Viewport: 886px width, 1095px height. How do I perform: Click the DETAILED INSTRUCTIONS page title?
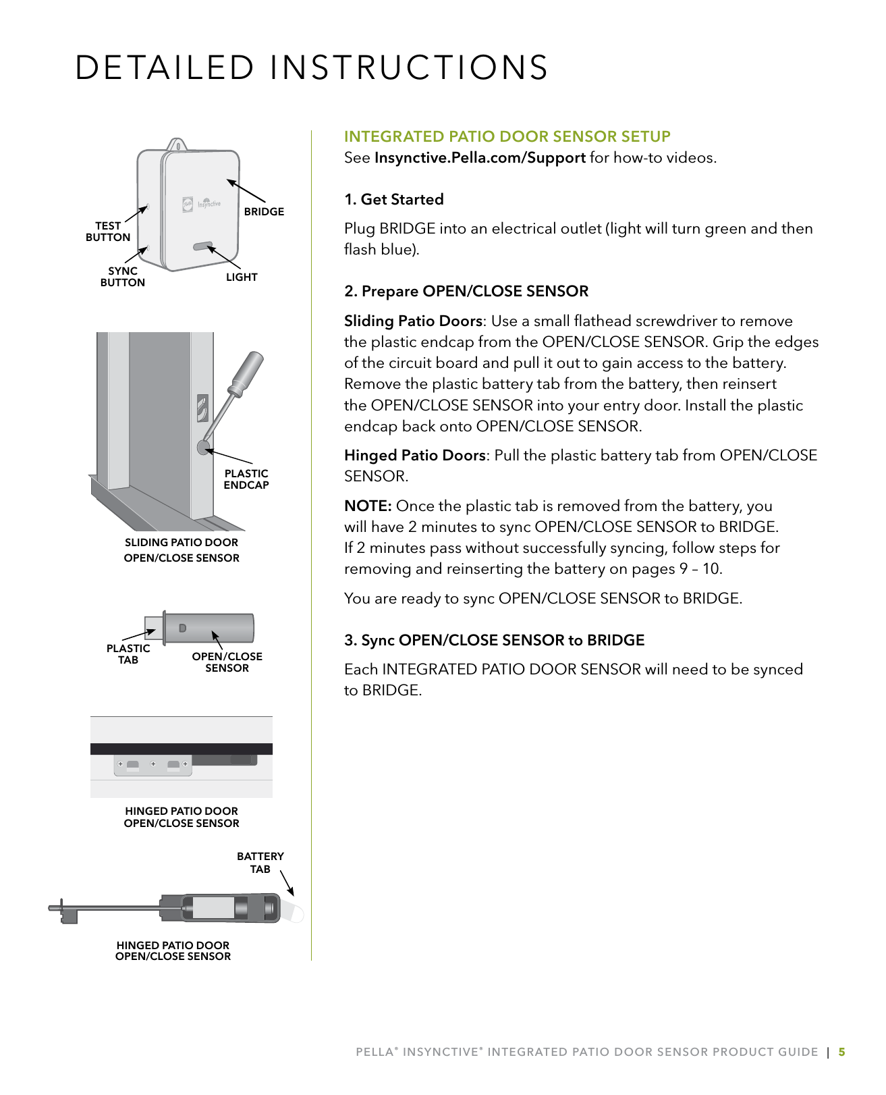(x=311, y=68)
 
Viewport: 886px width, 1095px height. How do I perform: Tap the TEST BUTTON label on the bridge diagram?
(x=108, y=232)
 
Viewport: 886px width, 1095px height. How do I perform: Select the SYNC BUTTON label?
(x=122, y=277)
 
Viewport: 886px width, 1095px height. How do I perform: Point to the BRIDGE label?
(x=264, y=212)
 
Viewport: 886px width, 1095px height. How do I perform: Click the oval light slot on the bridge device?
(x=202, y=246)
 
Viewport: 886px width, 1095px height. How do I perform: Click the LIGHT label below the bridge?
(x=242, y=277)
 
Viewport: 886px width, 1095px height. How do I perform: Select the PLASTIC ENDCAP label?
(x=246, y=479)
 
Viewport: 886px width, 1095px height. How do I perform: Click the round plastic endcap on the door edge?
(x=204, y=447)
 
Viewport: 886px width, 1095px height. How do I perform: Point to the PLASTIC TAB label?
(x=128, y=654)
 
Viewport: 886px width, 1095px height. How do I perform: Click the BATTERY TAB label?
(x=260, y=863)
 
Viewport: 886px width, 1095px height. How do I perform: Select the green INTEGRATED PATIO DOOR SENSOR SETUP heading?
(x=507, y=137)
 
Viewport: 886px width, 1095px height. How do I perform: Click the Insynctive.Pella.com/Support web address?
(x=480, y=158)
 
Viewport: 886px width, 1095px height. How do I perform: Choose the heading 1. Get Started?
(x=394, y=200)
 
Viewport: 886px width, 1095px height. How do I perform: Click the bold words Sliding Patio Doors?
(x=413, y=321)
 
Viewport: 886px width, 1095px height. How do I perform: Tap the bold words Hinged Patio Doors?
(x=414, y=456)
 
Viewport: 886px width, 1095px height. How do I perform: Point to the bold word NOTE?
(x=368, y=506)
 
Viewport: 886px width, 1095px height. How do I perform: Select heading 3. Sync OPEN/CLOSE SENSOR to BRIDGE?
(x=494, y=641)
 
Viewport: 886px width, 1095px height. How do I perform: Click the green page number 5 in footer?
(x=841, y=1052)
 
